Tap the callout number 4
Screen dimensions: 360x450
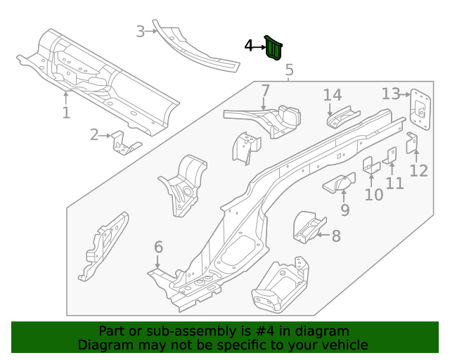(248, 46)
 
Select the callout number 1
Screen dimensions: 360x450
(66, 112)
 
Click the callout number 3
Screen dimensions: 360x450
(141, 31)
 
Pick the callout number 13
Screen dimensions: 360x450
(391, 94)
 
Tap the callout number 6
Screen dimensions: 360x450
(158, 247)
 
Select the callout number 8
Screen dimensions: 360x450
(336, 236)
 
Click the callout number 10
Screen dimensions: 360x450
(373, 194)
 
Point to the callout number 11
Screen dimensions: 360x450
(395, 184)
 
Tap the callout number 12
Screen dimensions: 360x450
(418, 170)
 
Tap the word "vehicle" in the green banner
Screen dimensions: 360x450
(343, 345)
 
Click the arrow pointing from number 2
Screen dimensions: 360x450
(105, 135)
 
